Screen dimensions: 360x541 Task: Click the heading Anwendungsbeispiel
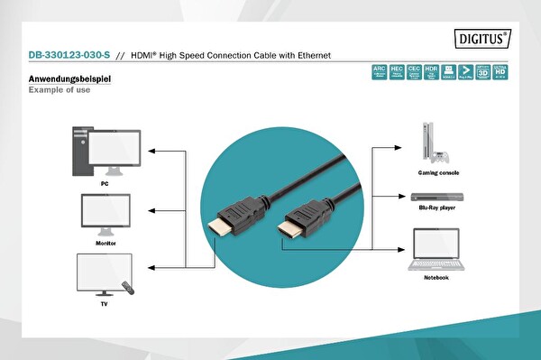(x=69, y=80)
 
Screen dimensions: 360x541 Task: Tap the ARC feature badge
(x=381, y=71)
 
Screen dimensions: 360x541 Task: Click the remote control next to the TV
(x=127, y=290)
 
